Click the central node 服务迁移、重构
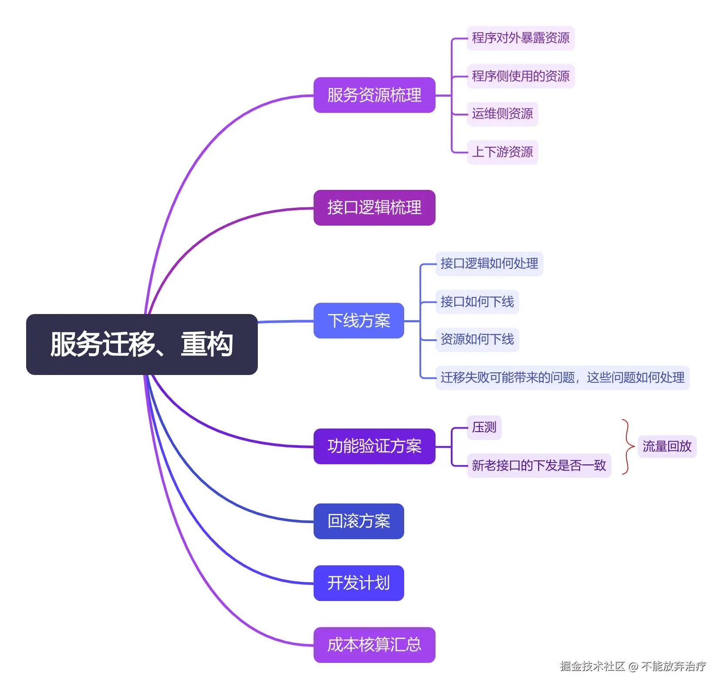click(142, 344)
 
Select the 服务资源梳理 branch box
click(374, 95)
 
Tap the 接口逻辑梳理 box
click(374, 207)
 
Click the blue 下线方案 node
click(358, 321)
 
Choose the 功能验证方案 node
click(374, 446)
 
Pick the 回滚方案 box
click(358, 521)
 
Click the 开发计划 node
click(358, 583)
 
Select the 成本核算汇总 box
click(374, 645)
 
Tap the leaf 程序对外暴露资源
click(520, 38)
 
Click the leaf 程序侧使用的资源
click(520, 76)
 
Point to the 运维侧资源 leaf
click(502, 114)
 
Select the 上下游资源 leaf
click(502, 152)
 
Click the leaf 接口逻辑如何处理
click(489, 263)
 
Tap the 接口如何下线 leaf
click(477, 301)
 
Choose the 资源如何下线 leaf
click(477, 339)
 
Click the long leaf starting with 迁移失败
click(562, 378)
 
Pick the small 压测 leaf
click(484, 427)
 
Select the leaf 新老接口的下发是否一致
click(539, 466)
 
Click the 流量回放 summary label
click(667, 446)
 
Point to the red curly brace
click(628, 446)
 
